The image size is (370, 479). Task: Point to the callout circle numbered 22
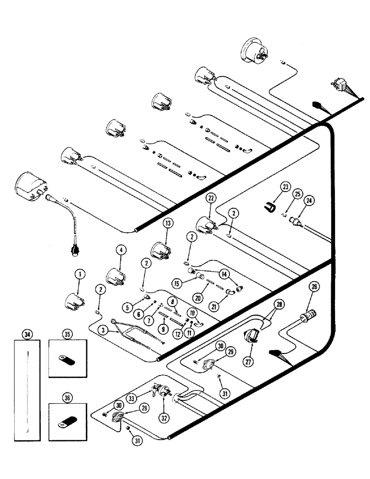click(210, 197)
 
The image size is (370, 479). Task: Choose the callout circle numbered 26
click(314, 287)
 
